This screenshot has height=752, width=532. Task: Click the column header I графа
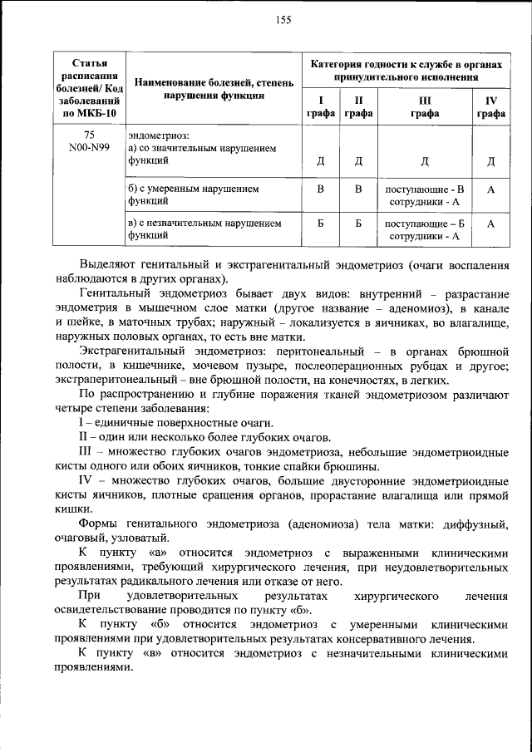tap(320, 107)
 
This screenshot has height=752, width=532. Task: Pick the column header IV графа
tap(491, 107)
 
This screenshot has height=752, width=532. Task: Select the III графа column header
tap(424, 107)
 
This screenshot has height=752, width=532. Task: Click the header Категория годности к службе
tap(406, 71)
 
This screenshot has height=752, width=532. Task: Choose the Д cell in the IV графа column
tap(491, 161)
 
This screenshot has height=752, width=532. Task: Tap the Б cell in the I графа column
tap(320, 224)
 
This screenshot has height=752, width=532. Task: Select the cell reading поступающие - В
tap(424, 189)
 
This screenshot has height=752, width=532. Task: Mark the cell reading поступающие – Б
tap(424, 224)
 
